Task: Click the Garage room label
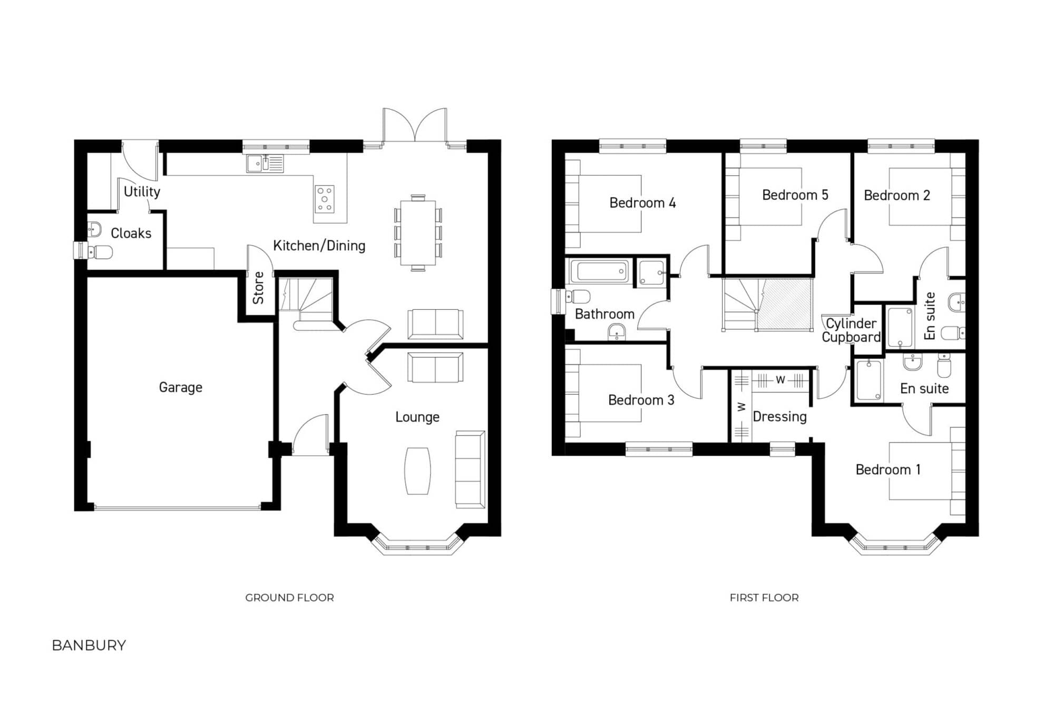pyautogui.click(x=180, y=387)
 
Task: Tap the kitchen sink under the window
pyautogui.click(x=265, y=163)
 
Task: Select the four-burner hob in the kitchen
pyautogui.click(x=325, y=199)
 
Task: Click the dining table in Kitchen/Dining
pyautogui.click(x=418, y=233)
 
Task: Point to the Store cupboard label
pyautogui.click(x=258, y=288)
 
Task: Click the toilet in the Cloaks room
pyautogui.click(x=100, y=252)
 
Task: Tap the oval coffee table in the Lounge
pyautogui.click(x=417, y=471)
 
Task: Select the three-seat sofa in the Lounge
pyautogui.click(x=470, y=470)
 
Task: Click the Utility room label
pyautogui.click(x=142, y=192)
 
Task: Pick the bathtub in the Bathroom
pyautogui.click(x=599, y=271)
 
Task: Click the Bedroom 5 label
pyautogui.click(x=795, y=195)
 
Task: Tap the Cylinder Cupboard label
pyautogui.click(x=851, y=330)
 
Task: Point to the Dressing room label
pyautogui.click(x=779, y=417)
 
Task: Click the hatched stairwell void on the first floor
pyautogui.click(x=784, y=305)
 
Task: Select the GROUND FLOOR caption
pyautogui.click(x=289, y=598)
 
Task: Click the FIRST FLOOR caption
pyautogui.click(x=764, y=598)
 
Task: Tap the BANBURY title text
pyautogui.click(x=89, y=646)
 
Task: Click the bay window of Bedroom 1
pyautogui.click(x=894, y=546)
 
